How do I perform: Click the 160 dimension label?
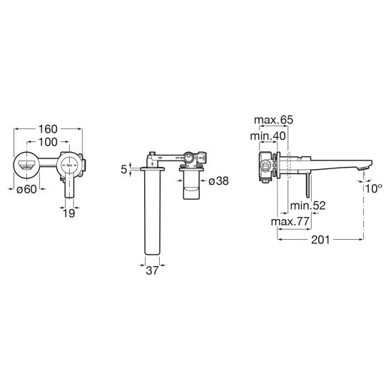pyautogui.click(x=48, y=129)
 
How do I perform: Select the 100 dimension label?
pyautogui.click(x=48, y=142)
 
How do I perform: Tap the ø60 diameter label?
pyautogui.click(x=26, y=189)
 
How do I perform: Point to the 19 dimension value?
pyautogui.click(x=68, y=213)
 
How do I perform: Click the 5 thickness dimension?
pyautogui.click(x=124, y=170)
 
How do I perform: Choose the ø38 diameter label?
pyautogui.click(x=218, y=181)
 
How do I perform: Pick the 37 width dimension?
pyautogui.click(x=152, y=270)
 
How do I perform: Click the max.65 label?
pyautogui.click(x=273, y=120)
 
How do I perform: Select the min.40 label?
pyautogui.click(x=268, y=136)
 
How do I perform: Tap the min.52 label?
pyautogui.click(x=308, y=205)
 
